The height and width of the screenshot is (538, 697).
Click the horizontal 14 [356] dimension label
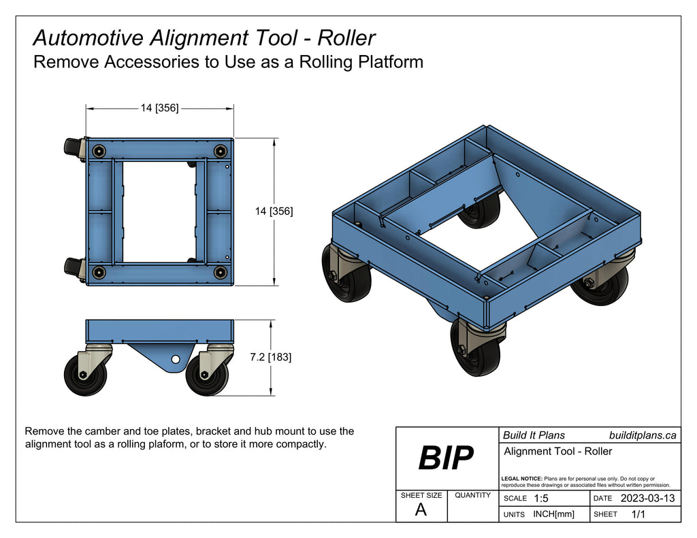click(x=159, y=107)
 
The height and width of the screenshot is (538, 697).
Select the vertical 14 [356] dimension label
click(x=274, y=212)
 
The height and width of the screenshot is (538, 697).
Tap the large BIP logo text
click(x=445, y=458)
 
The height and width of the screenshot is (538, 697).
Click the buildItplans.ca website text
click(x=642, y=435)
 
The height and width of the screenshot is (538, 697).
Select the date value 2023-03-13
click(x=647, y=499)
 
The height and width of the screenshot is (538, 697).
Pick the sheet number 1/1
click(x=638, y=515)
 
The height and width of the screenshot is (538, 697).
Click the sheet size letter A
click(x=421, y=510)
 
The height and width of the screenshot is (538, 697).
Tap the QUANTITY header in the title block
click(x=472, y=495)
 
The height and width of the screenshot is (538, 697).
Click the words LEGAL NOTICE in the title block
click(x=521, y=479)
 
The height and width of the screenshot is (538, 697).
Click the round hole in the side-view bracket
click(x=176, y=358)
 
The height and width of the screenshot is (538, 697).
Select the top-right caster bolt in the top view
click(x=219, y=150)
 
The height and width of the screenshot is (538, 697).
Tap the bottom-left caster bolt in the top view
click(x=99, y=273)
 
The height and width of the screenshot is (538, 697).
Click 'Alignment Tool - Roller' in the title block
click(x=558, y=452)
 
